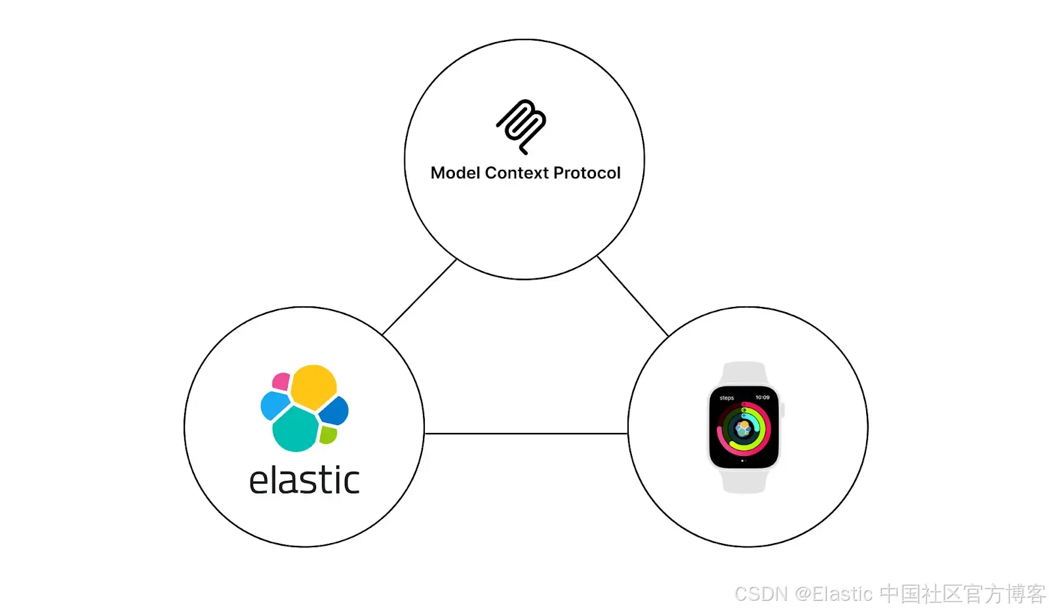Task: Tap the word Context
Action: click(x=517, y=173)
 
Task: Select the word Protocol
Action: click(x=587, y=173)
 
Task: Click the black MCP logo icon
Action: click(x=521, y=127)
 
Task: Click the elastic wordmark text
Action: click(x=304, y=480)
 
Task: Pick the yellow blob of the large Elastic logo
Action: click(x=313, y=388)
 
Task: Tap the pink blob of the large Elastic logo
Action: click(x=281, y=381)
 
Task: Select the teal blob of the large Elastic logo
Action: click(x=296, y=429)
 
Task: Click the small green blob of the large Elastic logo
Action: click(x=328, y=435)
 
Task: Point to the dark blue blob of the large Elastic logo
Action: click(x=334, y=411)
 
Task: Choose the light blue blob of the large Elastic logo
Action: click(x=275, y=406)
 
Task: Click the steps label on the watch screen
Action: click(x=727, y=398)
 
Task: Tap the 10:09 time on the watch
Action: click(x=762, y=398)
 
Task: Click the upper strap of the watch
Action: click(x=744, y=374)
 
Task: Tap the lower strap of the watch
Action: click(x=744, y=481)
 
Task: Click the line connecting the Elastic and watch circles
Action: click(x=526, y=434)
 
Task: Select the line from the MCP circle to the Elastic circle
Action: click(x=419, y=296)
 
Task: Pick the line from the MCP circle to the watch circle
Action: click(x=633, y=296)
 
